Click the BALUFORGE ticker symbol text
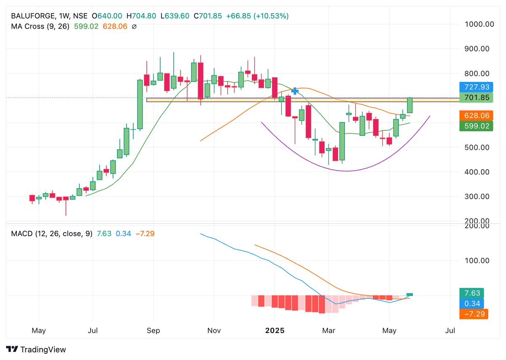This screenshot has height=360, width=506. (32, 16)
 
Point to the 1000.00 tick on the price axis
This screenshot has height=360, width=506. (479, 24)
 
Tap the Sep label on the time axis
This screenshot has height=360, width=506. (153, 330)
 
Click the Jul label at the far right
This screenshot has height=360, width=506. (450, 330)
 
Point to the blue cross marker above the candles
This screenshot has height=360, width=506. (295, 91)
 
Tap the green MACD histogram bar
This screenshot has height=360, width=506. (409, 295)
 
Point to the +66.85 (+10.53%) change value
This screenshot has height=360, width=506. (257, 16)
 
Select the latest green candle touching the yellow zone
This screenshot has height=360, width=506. (409, 106)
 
